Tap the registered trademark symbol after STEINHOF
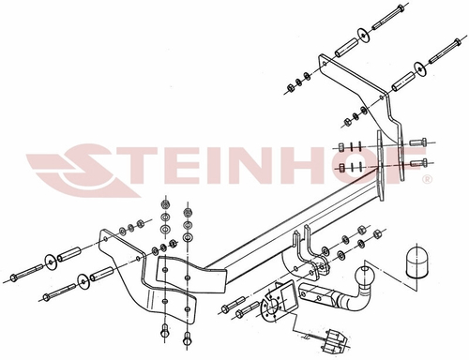click(428, 176)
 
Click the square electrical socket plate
click(278, 298)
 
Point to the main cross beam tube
click(291, 225)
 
